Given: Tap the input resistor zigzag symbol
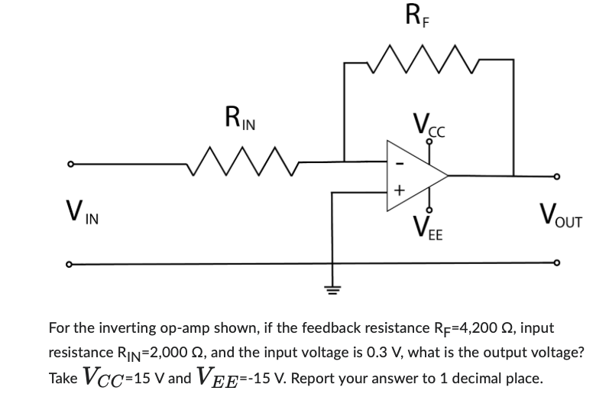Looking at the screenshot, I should (242, 161).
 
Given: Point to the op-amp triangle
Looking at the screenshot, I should (413, 174).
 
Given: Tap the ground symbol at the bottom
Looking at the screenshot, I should (332, 289).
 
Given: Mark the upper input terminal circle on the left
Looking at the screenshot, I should (70, 163).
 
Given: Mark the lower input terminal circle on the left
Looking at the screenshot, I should (70, 265).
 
